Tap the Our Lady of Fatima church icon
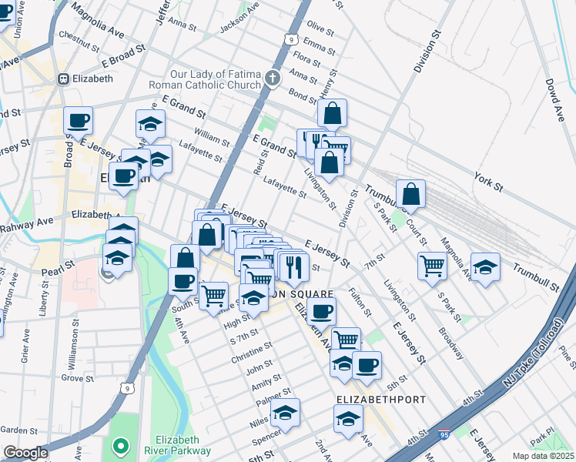(x=272, y=78)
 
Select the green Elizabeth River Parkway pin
(x=119, y=445)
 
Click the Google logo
(x=25, y=452)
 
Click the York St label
(x=487, y=182)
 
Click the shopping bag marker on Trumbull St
(x=411, y=195)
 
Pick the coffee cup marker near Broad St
(x=78, y=120)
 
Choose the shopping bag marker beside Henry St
(x=332, y=113)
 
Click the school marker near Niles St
(x=285, y=413)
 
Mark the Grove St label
(x=77, y=378)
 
